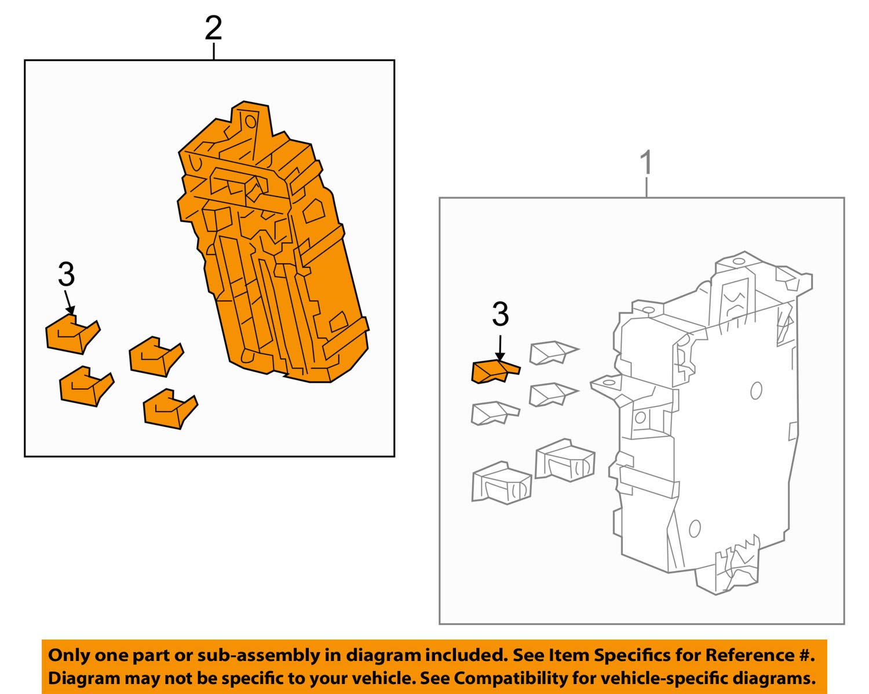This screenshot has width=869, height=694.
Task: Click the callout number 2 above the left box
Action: tap(213, 28)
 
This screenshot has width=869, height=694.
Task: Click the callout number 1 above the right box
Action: tap(646, 163)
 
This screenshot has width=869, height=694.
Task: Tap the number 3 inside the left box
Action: tap(66, 275)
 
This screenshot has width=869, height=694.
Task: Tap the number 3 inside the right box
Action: tap(500, 314)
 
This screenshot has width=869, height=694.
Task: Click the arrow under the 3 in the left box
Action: tap(69, 303)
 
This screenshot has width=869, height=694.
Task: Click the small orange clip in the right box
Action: tap(492, 372)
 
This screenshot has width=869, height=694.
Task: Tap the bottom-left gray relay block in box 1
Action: tap(501, 482)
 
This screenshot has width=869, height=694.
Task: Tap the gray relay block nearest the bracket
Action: tap(565, 460)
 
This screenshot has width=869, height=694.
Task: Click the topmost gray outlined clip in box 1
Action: tap(550, 353)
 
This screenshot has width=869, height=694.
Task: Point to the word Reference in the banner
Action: tap(747, 656)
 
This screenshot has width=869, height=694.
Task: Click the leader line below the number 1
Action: tap(646, 187)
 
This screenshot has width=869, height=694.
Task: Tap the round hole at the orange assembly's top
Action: tap(251, 121)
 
